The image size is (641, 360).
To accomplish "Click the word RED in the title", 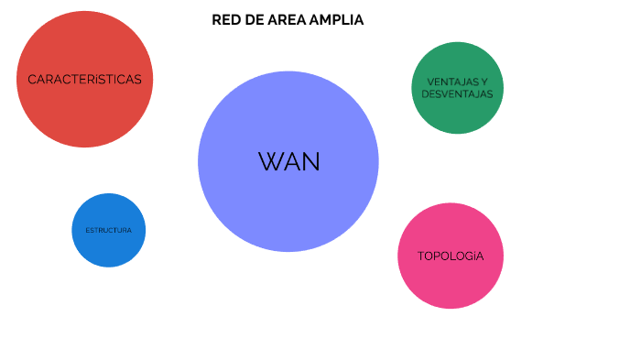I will click(x=225, y=20).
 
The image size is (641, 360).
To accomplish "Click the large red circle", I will click(x=84, y=115).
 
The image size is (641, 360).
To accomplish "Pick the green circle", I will click(x=457, y=115).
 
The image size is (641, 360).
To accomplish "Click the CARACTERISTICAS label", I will click(x=84, y=80).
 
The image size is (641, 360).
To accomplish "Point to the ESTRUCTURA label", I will click(x=108, y=230).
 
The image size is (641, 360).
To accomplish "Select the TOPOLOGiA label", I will click(x=450, y=256).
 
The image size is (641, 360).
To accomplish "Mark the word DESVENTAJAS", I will click(x=457, y=93).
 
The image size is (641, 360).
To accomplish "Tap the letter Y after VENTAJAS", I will click(x=484, y=82).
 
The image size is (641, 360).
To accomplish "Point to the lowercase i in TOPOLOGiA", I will click(x=471, y=256).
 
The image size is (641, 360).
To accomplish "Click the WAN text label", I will click(x=289, y=162).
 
